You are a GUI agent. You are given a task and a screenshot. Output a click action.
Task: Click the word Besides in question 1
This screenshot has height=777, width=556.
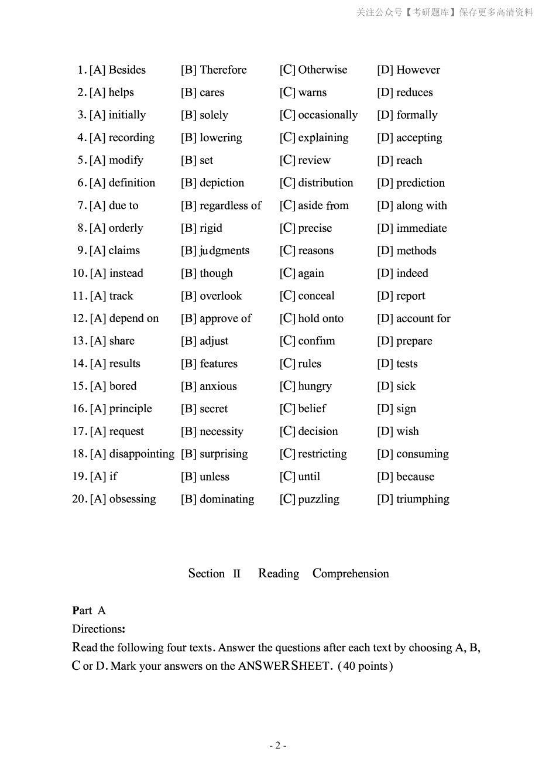tap(127, 70)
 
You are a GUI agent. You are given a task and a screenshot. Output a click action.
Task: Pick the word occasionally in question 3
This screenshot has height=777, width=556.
tap(327, 115)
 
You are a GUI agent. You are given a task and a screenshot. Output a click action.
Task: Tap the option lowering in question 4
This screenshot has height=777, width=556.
tap(221, 138)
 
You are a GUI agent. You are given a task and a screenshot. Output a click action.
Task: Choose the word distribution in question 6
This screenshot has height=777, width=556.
tap(325, 183)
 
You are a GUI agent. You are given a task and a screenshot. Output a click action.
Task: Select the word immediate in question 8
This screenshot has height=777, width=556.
tap(421, 228)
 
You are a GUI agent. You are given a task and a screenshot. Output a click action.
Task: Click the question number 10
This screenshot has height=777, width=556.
tap(80, 273)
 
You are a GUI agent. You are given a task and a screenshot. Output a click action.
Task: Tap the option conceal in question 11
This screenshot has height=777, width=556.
tap(316, 296)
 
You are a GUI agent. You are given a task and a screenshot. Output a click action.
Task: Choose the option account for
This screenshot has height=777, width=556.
tap(423, 319)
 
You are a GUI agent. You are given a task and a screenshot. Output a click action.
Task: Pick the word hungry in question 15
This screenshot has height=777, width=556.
tap(314, 386)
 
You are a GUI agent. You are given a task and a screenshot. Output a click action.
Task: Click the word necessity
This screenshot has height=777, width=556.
tap(221, 432)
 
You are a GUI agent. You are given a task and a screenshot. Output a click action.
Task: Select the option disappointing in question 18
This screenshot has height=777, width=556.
tap(142, 454)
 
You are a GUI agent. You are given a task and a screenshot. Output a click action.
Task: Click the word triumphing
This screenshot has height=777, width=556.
tap(423, 499)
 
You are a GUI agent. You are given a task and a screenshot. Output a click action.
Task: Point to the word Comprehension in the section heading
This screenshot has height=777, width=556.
tap(351, 574)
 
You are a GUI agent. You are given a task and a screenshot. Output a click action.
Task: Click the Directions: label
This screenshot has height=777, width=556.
tap(98, 629)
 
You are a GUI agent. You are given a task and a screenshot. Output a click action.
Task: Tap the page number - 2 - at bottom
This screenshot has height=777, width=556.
tap(277, 745)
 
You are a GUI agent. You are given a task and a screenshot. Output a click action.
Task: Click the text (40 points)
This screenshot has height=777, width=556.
tap(365, 666)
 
